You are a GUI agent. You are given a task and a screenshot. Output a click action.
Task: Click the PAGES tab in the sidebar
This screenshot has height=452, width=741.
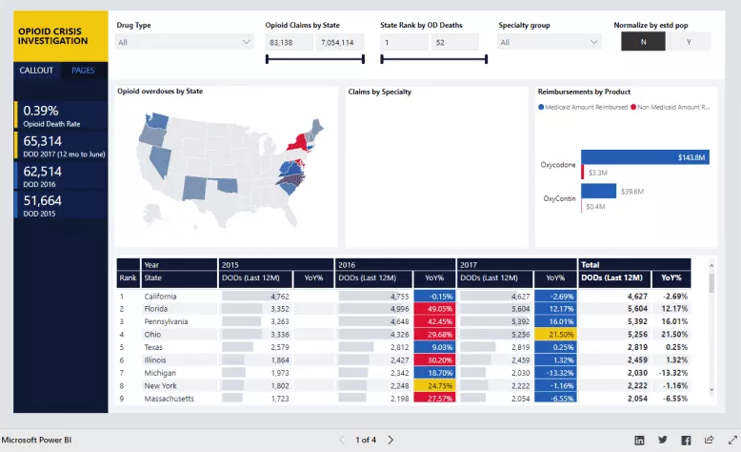click(x=83, y=71)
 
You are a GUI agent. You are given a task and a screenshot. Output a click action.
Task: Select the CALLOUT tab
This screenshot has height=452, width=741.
click(x=37, y=71)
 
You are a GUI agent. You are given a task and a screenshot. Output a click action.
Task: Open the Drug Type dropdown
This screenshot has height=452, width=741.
click(x=184, y=42)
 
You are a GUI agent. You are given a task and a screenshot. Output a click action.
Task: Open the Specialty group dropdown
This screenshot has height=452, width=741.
click(x=551, y=42)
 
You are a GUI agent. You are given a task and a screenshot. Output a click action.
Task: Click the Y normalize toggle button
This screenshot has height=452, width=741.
click(x=688, y=42)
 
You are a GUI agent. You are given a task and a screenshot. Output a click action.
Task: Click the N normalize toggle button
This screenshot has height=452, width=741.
click(x=643, y=42)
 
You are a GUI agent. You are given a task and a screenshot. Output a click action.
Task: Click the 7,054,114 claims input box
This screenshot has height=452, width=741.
click(x=338, y=42)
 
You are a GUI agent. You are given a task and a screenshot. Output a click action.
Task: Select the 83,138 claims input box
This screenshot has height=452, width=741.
click(x=288, y=42)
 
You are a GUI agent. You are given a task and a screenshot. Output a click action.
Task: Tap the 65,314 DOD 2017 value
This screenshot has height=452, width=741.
click(x=43, y=141)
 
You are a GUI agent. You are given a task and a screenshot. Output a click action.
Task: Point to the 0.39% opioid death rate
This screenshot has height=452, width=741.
click(x=41, y=111)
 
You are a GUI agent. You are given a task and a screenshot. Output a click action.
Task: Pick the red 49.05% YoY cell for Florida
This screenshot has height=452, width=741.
click(x=433, y=309)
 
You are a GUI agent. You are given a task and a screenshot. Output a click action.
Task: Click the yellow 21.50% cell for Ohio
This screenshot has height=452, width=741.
click(x=555, y=335)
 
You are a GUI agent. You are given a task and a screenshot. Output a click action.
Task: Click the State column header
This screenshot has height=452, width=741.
click(x=152, y=277)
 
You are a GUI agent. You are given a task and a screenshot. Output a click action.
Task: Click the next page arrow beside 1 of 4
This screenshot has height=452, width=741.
click(x=391, y=440)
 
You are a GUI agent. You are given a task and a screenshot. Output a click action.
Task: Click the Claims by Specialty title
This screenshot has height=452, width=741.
click(x=379, y=92)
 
